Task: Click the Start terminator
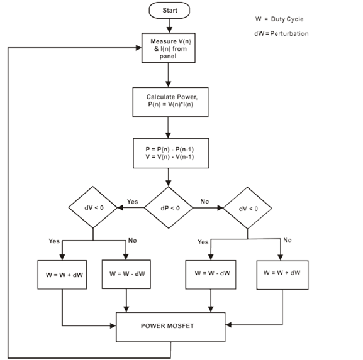169,11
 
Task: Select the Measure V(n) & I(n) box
169,48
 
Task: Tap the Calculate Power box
170,102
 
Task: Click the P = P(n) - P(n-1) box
171,153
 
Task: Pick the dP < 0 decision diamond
169,207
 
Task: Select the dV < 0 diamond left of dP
93,207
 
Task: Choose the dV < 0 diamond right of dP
247,208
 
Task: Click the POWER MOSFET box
170,327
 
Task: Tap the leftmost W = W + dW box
62,275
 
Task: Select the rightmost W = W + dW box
282,275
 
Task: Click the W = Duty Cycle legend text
279,19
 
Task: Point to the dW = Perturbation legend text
281,33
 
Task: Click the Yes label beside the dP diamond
132,202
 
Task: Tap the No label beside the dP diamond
204,202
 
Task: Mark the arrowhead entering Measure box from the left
138,48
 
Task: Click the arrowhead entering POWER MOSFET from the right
228,325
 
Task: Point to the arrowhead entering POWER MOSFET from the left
113,326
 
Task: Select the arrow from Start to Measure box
169,26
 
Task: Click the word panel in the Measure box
168,57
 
